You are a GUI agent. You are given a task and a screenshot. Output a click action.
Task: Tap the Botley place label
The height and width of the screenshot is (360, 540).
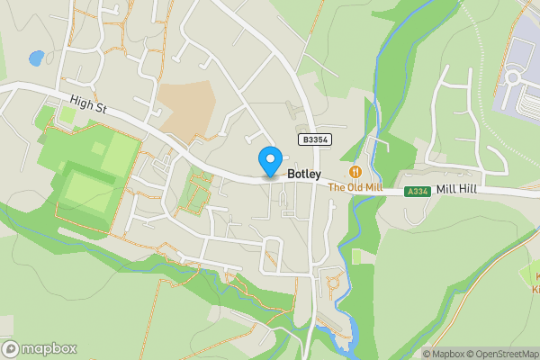[303, 175]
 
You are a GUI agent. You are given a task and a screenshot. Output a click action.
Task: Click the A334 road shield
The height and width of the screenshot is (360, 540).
[418, 192]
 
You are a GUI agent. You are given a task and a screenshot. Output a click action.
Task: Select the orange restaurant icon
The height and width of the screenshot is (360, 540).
[356, 171]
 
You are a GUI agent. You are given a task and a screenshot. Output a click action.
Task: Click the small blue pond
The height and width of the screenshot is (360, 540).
[37, 58]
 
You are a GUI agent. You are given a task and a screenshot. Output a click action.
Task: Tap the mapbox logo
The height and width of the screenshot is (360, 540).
[40, 348]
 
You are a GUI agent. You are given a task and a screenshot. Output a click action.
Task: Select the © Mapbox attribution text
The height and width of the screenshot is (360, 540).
[442, 354]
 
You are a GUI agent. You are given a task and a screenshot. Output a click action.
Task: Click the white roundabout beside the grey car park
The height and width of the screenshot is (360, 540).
[515, 76]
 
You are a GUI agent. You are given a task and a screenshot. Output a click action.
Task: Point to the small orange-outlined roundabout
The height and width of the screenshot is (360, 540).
[332, 286]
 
